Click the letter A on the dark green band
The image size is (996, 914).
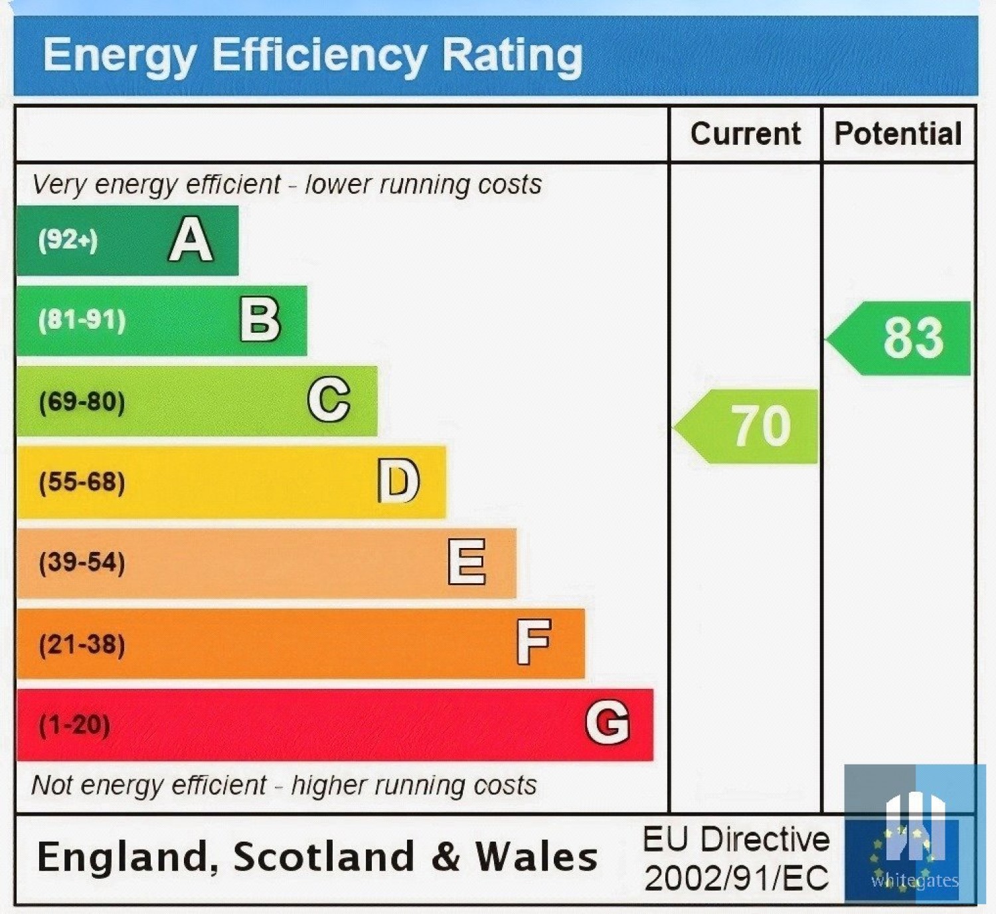[x=191, y=240]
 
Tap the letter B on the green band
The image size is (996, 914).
[x=260, y=320]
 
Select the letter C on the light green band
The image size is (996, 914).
[x=329, y=400]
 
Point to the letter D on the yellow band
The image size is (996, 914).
[x=398, y=481]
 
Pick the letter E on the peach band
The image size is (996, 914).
[x=467, y=562]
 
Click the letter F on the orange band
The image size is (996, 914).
[x=535, y=642]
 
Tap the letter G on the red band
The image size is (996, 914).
[x=608, y=723]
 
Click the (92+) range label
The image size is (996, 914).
[x=68, y=240]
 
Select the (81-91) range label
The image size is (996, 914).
[x=82, y=320]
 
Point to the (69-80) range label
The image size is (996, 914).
[x=82, y=402]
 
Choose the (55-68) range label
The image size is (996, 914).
[x=82, y=482]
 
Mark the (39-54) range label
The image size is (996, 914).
[x=82, y=563]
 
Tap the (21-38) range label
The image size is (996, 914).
[x=82, y=644]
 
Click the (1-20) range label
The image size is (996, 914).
[x=74, y=725]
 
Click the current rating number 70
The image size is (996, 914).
[x=762, y=426]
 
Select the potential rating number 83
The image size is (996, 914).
[x=914, y=338]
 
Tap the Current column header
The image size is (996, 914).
[x=746, y=134]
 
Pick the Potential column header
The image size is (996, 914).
[x=898, y=134]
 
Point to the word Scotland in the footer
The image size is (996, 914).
[x=324, y=856]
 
